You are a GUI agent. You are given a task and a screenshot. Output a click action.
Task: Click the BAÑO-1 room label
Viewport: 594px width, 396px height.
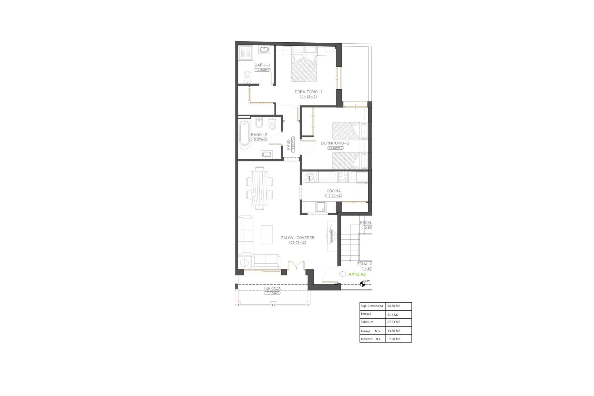tap(262, 65)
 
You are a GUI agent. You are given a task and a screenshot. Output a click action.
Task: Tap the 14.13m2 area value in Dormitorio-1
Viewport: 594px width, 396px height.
tap(308, 97)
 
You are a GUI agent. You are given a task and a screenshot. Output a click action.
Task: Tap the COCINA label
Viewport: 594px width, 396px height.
tap(334, 191)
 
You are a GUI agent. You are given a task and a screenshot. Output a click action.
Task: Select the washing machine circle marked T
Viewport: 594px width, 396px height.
tap(309, 178)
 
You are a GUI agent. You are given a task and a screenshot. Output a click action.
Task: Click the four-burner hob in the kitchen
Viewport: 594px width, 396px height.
tap(343, 177)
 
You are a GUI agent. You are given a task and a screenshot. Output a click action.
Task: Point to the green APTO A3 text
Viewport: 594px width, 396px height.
tap(357, 274)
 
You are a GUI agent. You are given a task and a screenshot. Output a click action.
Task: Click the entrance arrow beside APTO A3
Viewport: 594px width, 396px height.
tap(342, 274)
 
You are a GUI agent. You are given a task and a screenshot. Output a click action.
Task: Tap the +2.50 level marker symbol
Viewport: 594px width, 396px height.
tap(362, 284)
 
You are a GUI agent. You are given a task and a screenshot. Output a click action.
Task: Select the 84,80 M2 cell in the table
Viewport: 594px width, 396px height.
tap(394, 306)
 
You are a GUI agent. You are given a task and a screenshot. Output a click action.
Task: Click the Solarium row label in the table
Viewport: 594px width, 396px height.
tap(367, 322)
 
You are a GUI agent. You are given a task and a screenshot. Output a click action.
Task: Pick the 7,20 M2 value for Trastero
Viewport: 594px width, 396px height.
tap(394, 339)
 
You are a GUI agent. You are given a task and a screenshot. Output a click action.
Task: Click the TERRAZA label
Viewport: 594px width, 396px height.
tap(272, 288)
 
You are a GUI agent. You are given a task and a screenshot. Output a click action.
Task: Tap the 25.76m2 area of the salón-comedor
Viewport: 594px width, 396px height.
tap(298, 243)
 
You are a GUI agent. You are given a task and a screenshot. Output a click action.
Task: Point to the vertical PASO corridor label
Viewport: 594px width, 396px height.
tap(288, 145)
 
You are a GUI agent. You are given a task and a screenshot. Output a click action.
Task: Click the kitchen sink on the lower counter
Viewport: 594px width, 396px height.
tap(321, 207)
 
